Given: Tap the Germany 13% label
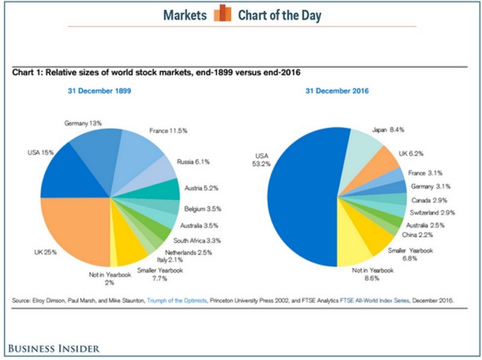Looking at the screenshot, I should (84, 123).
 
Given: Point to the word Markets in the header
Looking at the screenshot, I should (184, 14).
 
